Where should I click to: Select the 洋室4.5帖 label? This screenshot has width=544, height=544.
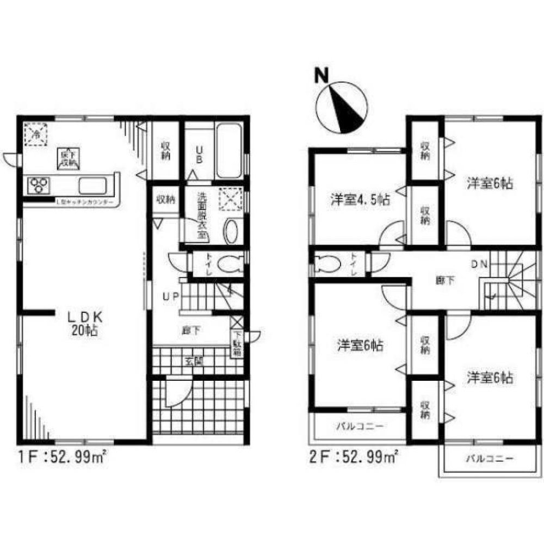(x=360, y=199)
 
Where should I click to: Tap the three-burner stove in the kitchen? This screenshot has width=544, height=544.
(x=39, y=186)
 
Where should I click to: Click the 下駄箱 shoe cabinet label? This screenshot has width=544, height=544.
(x=238, y=344)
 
